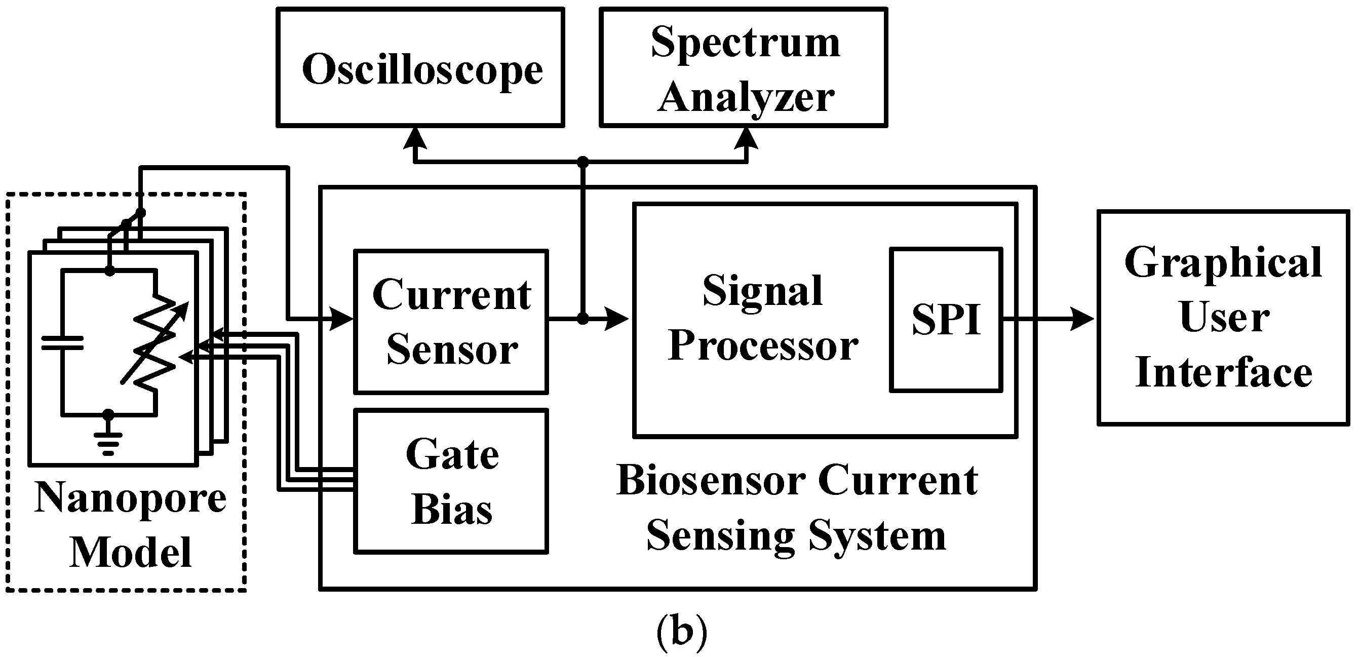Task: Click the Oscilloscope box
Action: (x=420, y=67)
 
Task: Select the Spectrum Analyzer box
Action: (x=744, y=67)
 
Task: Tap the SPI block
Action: (x=946, y=320)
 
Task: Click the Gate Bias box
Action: (x=451, y=481)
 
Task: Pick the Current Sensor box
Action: (x=451, y=322)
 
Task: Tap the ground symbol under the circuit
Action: (x=108, y=439)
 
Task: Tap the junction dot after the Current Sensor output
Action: (x=582, y=319)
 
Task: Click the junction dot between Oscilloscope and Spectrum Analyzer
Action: (x=582, y=162)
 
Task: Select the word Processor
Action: (x=762, y=346)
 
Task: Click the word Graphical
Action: (x=1223, y=263)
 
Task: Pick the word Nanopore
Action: (x=130, y=497)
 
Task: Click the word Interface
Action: (x=1223, y=372)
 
